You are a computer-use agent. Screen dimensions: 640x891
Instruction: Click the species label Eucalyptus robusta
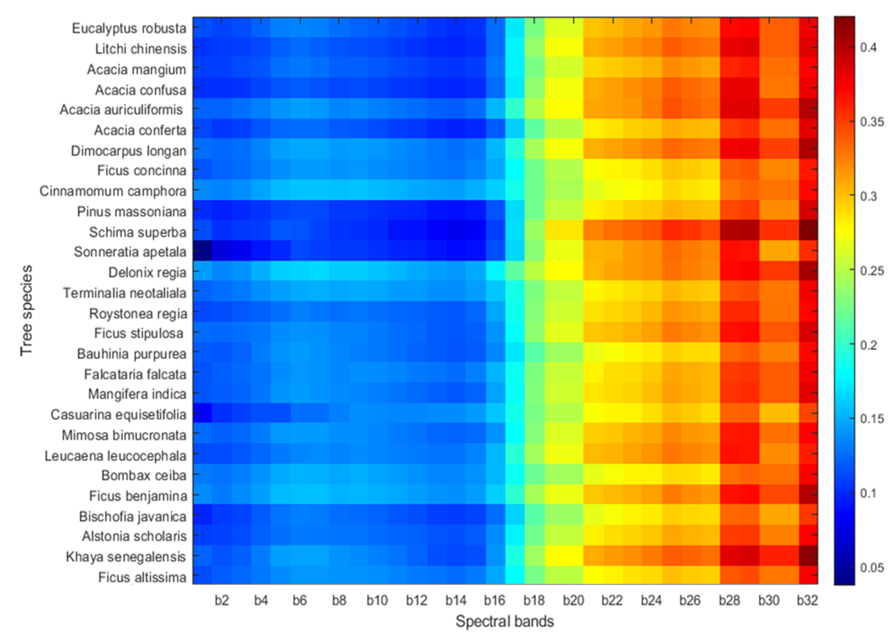pos(129,29)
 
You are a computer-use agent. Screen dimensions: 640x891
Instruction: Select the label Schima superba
pos(137,232)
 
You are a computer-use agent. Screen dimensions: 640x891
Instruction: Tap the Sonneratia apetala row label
pos(130,252)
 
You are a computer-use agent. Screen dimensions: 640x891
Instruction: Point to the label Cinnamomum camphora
pos(113,191)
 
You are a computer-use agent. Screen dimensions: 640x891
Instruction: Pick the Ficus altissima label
pos(142,577)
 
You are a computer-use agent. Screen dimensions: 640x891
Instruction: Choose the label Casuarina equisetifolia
pos(118,415)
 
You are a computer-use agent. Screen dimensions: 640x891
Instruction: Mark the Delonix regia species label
pos(147,273)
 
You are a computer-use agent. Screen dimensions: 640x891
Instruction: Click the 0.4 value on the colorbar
pos(868,48)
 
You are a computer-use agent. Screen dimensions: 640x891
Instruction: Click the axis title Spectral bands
pos(505,621)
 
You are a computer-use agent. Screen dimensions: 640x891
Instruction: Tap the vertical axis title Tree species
pos(26,311)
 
